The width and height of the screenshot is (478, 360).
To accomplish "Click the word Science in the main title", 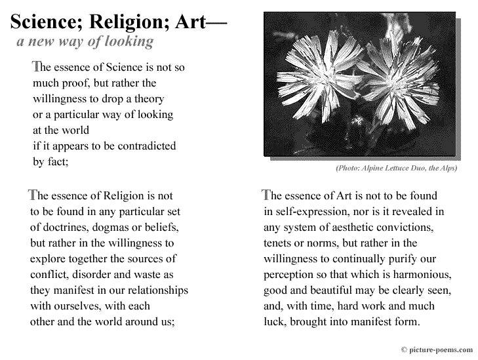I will (47, 23).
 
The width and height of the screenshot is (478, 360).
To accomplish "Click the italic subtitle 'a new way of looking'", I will (85, 42).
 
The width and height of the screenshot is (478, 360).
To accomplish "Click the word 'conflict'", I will (48, 275).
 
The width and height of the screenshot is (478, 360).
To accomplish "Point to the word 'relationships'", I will (157, 290).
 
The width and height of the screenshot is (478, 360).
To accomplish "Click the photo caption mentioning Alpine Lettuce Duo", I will (396, 169).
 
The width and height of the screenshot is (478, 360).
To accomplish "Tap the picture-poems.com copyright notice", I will (437, 350).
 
